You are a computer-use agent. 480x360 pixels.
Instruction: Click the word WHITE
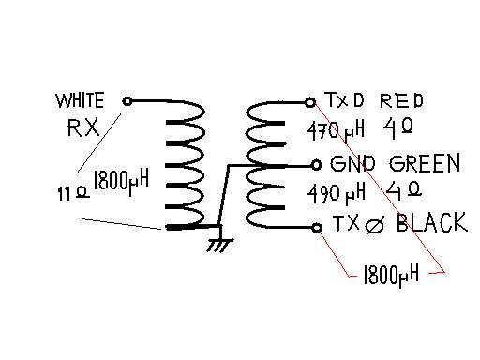(x=80, y=100)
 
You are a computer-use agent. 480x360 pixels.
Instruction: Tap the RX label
(x=83, y=127)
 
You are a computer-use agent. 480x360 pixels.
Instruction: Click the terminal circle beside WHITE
(x=127, y=101)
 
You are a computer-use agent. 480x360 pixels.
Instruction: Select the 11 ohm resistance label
(x=73, y=192)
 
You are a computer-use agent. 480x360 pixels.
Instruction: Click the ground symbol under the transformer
(x=220, y=244)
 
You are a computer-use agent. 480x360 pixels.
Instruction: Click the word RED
(x=401, y=100)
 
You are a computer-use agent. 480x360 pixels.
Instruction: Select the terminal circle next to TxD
(x=310, y=102)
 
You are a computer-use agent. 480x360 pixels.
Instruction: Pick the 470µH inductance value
(x=336, y=131)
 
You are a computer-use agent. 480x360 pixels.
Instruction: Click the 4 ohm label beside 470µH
(x=397, y=128)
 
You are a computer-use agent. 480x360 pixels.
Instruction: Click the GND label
(x=352, y=164)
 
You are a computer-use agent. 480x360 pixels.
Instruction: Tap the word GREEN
(x=425, y=163)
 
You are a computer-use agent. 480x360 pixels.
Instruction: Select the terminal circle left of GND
(x=316, y=165)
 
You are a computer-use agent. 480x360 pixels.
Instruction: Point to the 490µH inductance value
(x=337, y=193)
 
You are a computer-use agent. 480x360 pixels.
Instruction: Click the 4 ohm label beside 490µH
(x=404, y=190)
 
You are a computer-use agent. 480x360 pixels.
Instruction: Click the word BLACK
(x=432, y=222)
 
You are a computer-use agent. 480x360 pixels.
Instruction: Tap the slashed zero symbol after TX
(x=375, y=224)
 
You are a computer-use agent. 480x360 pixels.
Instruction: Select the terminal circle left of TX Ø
(x=317, y=228)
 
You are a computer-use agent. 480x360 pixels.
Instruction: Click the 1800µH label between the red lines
(x=391, y=276)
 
